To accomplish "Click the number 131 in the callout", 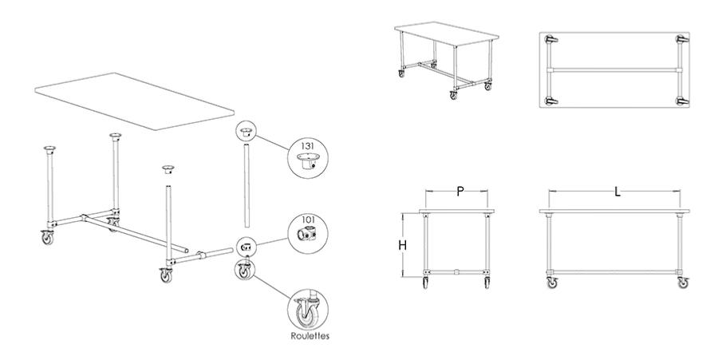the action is (x=307, y=146).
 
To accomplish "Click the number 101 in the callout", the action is (x=308, y=219).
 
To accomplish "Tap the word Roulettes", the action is (x=310, y=336).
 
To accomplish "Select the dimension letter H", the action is (x=403, y=246).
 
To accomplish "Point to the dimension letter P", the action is (x=460, y=192).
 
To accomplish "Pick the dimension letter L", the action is (x=617, y=192).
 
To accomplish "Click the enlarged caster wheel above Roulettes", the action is (x=306, y=312).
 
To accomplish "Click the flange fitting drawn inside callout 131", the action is (x=306, y=162).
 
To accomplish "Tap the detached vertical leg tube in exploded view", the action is (x=247, y=186).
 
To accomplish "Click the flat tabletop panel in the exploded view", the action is (x=134, y=101).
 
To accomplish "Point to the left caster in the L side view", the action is (x=553, y=282).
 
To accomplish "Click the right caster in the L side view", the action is (x=683, y=282).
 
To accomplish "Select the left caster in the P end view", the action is (x=426, y=283).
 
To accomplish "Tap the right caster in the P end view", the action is (x=487, y=283).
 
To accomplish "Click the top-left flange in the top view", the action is (x=550, y=40).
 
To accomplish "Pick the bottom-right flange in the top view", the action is (x=682, y=101).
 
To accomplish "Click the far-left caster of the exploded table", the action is (x=47, y=237).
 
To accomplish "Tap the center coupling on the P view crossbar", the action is (x=456, y=272).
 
